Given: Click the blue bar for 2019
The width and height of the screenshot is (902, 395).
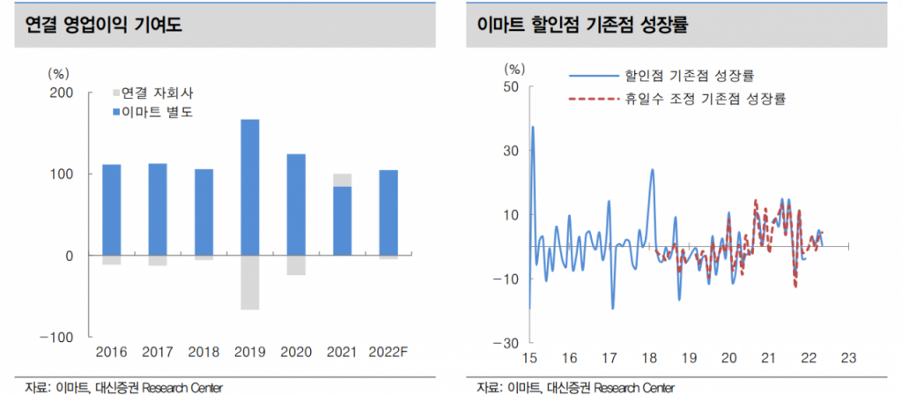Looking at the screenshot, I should [249, 187].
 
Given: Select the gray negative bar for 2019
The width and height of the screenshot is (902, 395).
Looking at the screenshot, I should [249, 282].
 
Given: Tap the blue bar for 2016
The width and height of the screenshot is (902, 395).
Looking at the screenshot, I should [111, 210].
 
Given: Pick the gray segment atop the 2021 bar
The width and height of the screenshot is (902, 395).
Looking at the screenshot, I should [342, 180].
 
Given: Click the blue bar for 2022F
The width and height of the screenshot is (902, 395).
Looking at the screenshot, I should [388, 212].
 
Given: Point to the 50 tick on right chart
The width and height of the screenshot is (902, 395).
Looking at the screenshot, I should [511, 86].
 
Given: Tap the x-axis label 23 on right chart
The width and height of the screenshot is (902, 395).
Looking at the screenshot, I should [848, 358].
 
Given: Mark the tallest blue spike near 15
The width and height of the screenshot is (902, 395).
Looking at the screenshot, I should [533, 128].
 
